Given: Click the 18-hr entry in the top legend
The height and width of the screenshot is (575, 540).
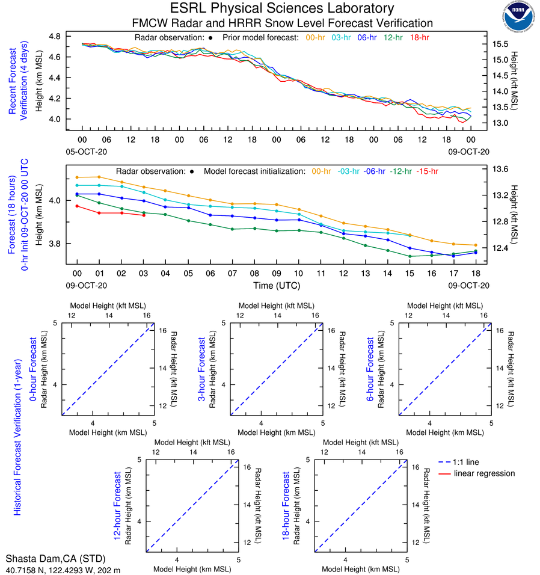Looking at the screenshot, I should point(419,37).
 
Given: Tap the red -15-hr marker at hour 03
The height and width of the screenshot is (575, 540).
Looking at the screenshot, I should point(143,215).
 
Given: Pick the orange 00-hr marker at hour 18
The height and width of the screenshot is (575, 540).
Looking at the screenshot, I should point(476,245).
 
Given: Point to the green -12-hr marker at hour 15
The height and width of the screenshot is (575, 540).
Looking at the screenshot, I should point(410,256).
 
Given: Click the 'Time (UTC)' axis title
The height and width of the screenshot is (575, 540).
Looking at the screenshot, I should point(277,285).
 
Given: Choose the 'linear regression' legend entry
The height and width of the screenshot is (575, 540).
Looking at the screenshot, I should point(484,473).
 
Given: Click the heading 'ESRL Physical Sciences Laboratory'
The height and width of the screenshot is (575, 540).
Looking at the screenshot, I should point(282,8).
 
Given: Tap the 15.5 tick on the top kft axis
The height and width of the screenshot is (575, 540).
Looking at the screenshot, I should point(502,45).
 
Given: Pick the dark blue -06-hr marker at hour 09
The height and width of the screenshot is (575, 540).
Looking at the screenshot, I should point(277,220).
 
